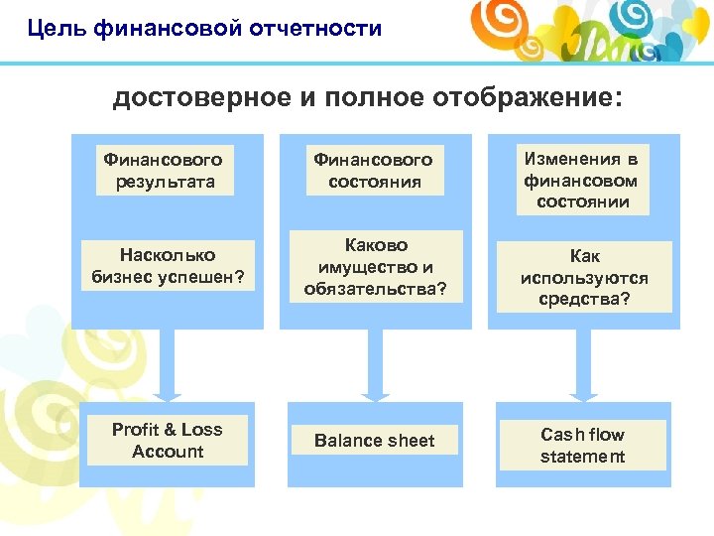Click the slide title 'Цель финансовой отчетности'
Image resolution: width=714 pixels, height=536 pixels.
point(204,28)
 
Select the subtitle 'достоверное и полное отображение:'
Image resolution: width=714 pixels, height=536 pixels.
point(368,97)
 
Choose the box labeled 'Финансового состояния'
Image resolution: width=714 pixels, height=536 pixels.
point(373,171)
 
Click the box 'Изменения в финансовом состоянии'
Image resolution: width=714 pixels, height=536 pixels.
point(581,181)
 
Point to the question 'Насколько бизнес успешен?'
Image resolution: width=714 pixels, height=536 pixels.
point(167,265)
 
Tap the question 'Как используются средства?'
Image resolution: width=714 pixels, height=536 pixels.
point(584,278)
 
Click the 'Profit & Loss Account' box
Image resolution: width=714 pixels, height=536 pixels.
point(167,441)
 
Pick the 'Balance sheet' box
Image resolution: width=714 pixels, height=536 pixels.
point(375,441)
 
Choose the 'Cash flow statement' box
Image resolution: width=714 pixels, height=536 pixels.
point(583,446)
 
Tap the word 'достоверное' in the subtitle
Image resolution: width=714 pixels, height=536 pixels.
point(198,97)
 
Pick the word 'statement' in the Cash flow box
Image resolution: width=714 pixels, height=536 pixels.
point(583,457)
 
